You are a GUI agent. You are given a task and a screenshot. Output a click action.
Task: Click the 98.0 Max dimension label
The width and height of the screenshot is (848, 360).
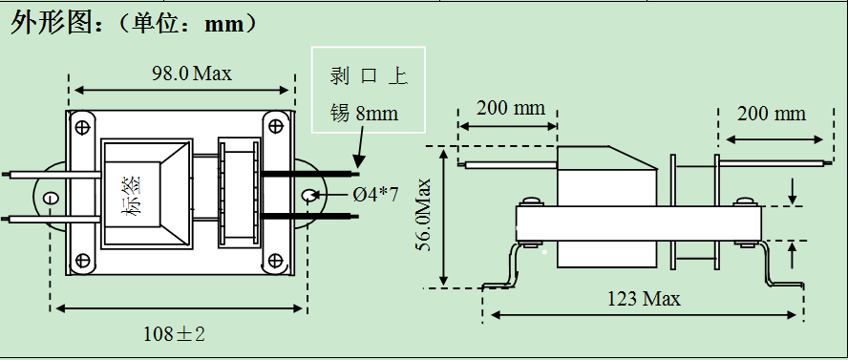191,73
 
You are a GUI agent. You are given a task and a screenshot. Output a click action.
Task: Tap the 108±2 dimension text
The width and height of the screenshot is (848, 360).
174,334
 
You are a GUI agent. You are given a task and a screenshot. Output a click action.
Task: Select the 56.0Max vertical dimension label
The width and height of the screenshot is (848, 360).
425,215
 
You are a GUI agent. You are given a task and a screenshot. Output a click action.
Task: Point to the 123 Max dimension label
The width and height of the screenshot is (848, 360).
644,298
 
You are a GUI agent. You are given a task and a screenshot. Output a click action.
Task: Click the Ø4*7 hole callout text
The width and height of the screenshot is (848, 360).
376,194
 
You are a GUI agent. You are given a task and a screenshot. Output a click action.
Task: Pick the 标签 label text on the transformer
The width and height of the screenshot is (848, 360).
133,195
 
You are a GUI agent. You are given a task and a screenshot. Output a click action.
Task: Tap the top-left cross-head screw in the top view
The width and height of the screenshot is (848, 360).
82,128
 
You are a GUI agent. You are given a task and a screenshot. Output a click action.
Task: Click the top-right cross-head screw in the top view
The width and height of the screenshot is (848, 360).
276,127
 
